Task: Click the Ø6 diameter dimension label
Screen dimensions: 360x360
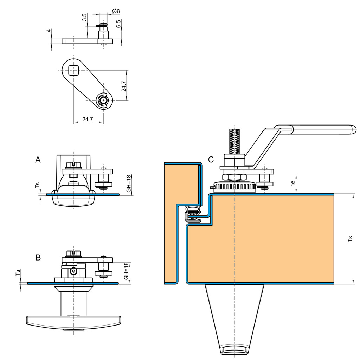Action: tap(116, 11)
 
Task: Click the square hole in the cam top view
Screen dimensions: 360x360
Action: tap(73, 70)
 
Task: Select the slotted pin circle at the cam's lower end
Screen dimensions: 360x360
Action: tap(103, 100)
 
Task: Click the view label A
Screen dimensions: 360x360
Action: tap(38, 160)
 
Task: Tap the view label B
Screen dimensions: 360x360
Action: tap(38, 257)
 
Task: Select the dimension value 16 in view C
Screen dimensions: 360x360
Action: tap(293, 184)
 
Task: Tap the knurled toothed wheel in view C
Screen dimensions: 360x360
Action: tap(234, 187)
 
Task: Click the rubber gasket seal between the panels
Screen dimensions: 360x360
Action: tap(193, 214)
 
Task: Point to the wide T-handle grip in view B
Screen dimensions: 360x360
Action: tap(73, 320)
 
